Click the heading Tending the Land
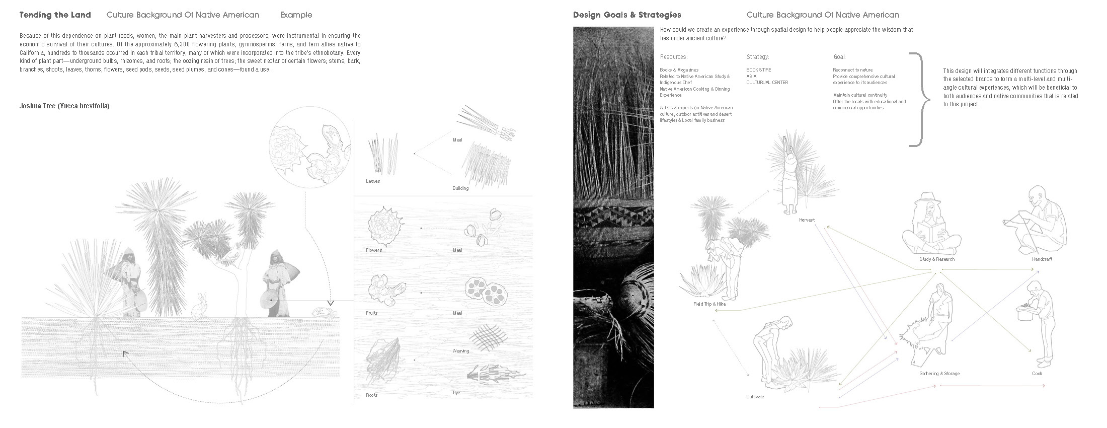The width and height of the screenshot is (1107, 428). click(55, 15)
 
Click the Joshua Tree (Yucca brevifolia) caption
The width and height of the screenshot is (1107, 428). click(64, 106)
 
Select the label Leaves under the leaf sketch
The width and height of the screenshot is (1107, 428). click(373, 181)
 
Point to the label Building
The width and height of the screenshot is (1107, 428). click(460, 188)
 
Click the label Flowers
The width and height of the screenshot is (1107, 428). click(374, 250)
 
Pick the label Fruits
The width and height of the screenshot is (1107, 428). click(372, 313)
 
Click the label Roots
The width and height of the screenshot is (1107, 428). click(372, 395)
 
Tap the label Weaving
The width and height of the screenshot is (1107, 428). click(461, 351)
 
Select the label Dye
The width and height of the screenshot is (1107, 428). click(457, 393)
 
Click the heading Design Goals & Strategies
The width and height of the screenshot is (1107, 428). click(627, 15)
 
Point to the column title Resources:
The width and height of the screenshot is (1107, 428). click(674, 57)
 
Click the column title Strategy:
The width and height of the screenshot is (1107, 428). click(758, 57)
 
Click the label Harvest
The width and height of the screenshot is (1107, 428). click(807, 220)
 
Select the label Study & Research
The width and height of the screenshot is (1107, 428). click(937, 259)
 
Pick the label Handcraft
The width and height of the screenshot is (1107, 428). click(1042, 259)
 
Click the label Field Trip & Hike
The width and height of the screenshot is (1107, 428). click(709, 304)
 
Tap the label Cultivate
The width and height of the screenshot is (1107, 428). click(755, 397)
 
